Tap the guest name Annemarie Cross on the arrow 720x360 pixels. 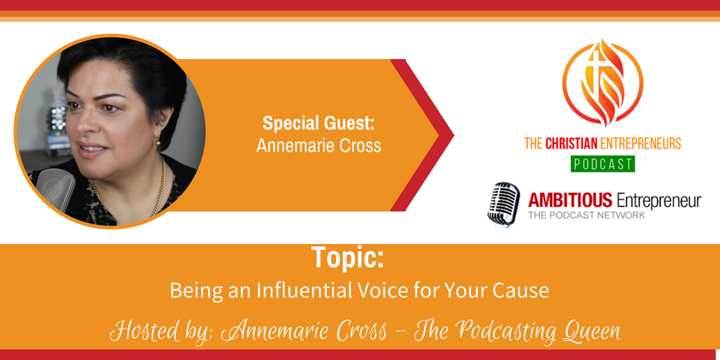coord(319,146)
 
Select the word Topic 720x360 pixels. coord(347,257)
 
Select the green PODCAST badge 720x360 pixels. coord(603,164)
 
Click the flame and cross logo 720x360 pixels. coord(603,83)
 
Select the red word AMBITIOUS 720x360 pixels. coord(570,200)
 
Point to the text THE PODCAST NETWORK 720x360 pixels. coord(587,215)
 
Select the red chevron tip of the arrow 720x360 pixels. coord(453,135)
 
